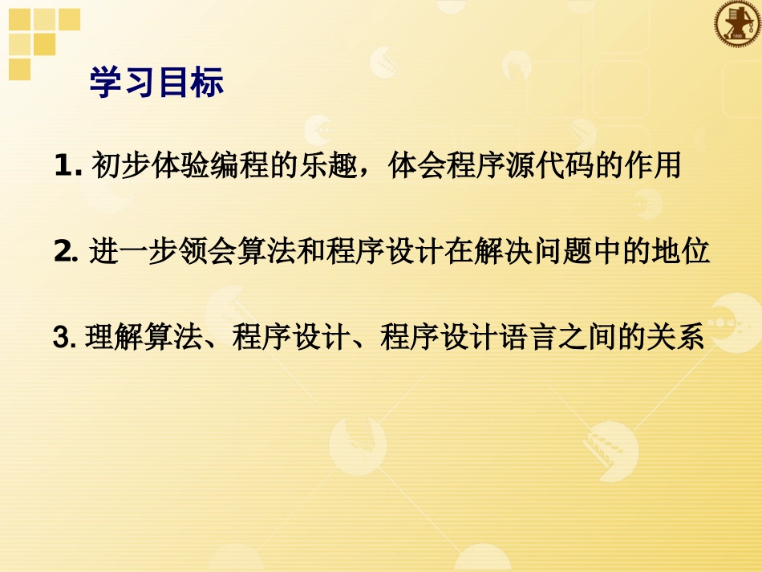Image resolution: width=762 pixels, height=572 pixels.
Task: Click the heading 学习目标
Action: pos(156,83)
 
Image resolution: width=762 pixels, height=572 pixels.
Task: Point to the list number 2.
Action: pos(63,253)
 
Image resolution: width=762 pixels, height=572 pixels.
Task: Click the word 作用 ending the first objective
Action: pos(652,167)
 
